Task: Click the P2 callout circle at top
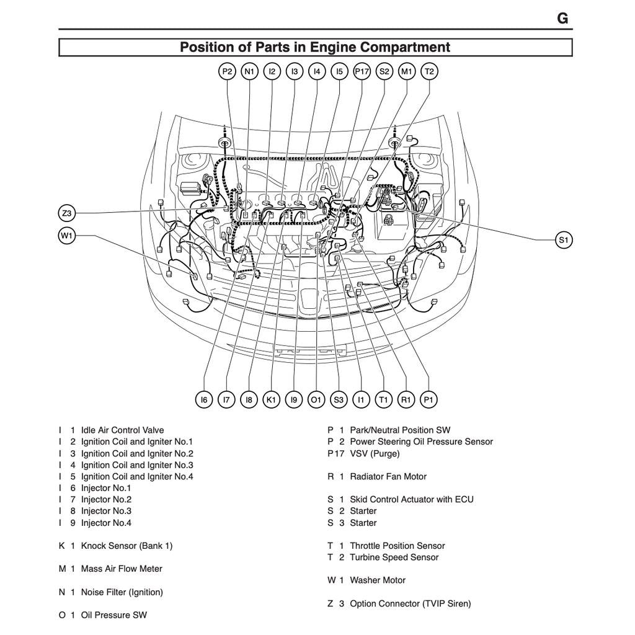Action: coord(228,71)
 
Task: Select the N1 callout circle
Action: coord(249,71)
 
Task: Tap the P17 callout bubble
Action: coord(362,71)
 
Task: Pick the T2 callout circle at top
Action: coord(429,71)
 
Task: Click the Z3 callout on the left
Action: coord(67,213)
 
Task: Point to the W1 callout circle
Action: coord(67,236)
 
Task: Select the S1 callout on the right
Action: coord(563,240)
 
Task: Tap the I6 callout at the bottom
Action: coord(204,400)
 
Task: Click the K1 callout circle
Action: coord(271,400)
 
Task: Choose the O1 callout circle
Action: coord(316,400)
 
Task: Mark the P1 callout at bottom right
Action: coord(429,400)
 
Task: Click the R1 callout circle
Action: coord(406,400)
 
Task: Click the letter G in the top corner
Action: coord(562,19)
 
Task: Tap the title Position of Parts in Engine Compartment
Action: coord(315,47)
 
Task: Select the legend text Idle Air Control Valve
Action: coord(122,430)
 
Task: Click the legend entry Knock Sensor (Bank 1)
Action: coord(127,546)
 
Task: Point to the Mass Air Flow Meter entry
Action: coord(122,569)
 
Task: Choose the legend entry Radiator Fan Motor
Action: coord(388,476)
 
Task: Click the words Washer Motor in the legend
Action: coord(377,580)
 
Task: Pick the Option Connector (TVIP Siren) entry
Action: coord(410,603)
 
